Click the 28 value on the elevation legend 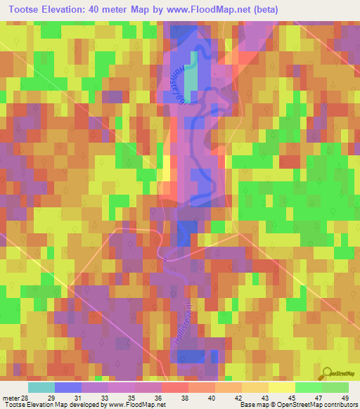click(x=27, y=398)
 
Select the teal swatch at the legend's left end click(x=41, y=387)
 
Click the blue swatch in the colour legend click(x=67, y=387)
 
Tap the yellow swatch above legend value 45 click(x=281, y=387)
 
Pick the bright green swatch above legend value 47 click(x=308, y=387)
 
